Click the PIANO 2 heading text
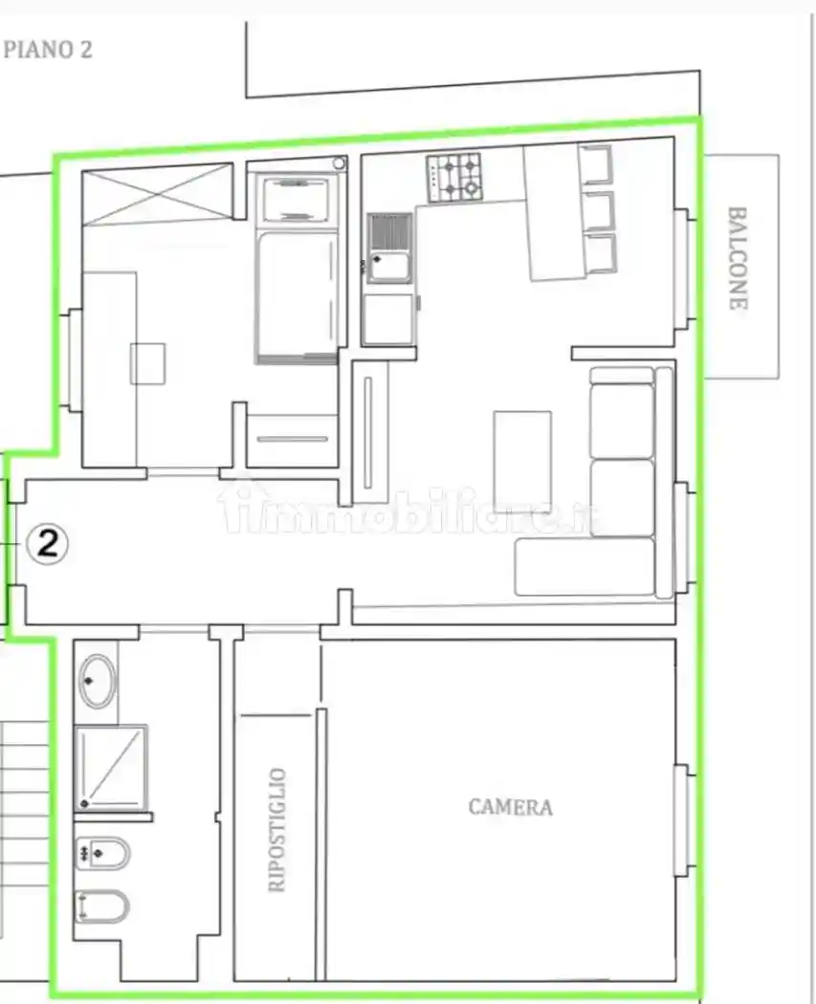[48, 50]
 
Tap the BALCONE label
[738, 258]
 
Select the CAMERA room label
[511, 807]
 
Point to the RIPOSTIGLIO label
[276, 830]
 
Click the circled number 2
[48, 544]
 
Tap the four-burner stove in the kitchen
[454, 177]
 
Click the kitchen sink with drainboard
[389, 248]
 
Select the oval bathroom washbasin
[98, 681]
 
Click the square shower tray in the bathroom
[111, 768]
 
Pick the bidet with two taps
[102, 853]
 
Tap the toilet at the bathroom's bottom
[102, 906]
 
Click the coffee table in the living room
[522, 452]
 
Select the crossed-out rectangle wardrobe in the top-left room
[158, 194]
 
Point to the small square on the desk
[148, 363]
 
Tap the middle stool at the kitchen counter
[602, 210]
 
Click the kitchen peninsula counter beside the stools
[555, 211]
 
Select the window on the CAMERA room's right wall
[684, 820]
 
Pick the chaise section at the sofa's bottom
[585, 567]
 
